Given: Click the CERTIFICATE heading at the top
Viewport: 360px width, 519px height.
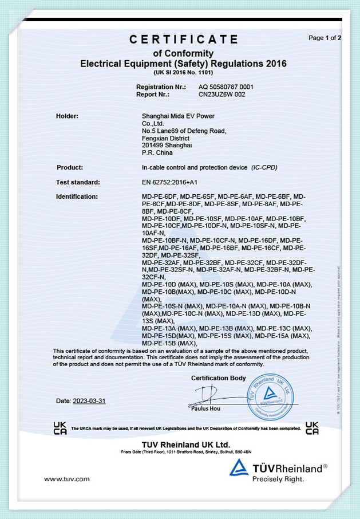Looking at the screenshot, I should click(183, 39).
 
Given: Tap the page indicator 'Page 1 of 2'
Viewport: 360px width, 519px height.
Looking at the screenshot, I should click(325, 38).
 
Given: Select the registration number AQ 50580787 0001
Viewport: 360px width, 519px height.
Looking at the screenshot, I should click(226, 86).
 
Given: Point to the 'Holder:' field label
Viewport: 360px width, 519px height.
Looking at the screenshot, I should click(67, 116).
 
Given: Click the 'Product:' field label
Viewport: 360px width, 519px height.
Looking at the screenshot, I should click(70, 167).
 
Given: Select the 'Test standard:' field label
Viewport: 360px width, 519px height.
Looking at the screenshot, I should click(78, 182).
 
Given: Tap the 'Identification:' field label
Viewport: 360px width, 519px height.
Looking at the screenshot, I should click(77, 196).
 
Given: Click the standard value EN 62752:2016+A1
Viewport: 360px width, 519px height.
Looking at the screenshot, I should click(169, 182).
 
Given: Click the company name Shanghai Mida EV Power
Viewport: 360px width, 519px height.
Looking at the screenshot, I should click(178, 116).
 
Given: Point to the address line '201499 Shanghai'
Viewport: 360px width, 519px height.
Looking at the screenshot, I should click(167, 146).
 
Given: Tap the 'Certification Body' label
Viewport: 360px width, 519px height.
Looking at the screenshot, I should click(219, 378).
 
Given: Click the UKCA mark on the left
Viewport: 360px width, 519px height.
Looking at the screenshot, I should click(60, 428).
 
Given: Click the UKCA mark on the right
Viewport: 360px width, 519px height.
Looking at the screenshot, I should click(312, 428).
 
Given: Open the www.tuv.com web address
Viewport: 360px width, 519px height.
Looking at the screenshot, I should click(67, 479).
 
